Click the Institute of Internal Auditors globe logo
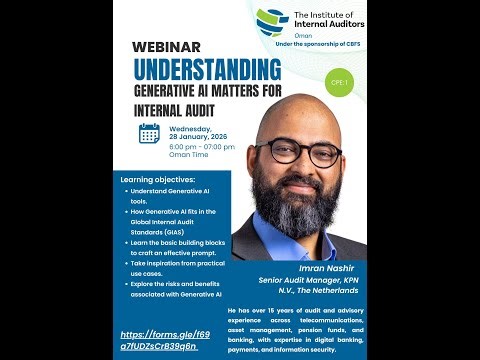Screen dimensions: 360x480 272,19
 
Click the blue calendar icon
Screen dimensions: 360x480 149,134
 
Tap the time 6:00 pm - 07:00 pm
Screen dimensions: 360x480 202,147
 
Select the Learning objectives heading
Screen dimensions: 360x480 157,180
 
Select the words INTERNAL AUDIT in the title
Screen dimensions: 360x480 169,111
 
